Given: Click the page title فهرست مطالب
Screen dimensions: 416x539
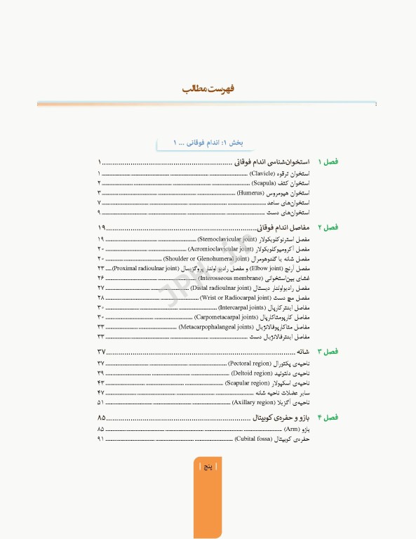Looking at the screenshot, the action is tap(208, 89).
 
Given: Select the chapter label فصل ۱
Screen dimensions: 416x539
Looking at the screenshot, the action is tap(328, 161).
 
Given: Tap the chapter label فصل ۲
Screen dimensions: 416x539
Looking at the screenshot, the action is tap(328, 227).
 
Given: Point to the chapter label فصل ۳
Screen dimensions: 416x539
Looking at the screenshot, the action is tap(328, 351).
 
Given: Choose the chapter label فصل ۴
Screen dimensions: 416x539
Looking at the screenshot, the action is tap(328, 418).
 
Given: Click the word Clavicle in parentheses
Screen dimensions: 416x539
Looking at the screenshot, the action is tap(262, 173).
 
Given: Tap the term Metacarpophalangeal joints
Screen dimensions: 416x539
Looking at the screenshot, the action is tap(217, 327).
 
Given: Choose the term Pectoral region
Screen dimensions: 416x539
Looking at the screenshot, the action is tap(246, 364).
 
